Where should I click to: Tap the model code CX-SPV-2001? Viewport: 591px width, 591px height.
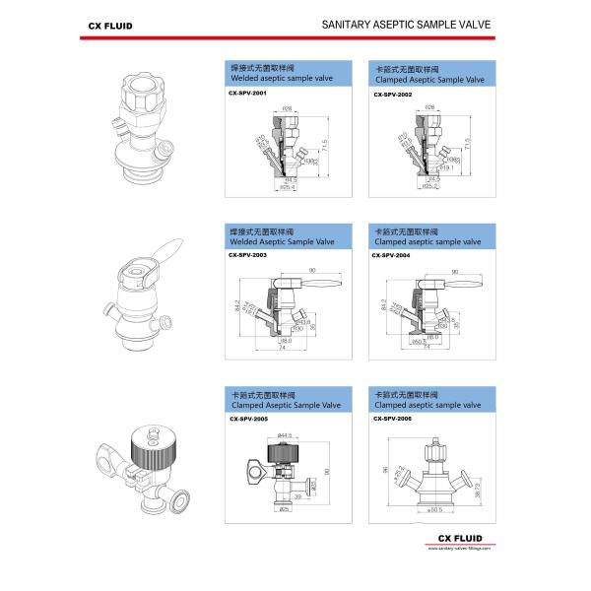point(247,94)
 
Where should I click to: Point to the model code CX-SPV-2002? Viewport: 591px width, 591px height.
point(394,94)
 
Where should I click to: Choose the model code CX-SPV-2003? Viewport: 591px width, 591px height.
point(247,255)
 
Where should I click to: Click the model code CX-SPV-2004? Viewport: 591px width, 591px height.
point(392,255)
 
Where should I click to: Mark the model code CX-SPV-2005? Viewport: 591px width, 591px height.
point(248,419)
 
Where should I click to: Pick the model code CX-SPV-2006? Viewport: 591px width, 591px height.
point(394,419)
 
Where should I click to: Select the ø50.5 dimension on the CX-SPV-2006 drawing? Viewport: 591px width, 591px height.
point(432,510)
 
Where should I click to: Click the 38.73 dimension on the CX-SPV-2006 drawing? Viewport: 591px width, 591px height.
point(479,490)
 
